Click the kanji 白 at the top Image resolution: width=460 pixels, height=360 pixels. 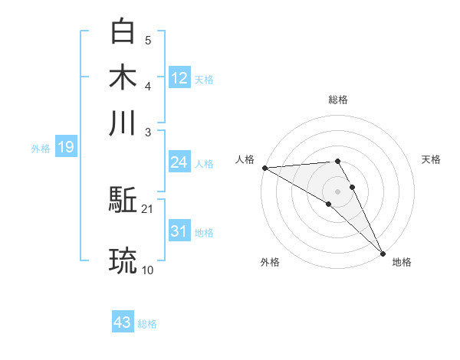click(x=123, y=31)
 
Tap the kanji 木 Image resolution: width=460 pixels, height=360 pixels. click(x=123, y=77)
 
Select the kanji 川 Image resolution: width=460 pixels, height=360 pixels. click(x=123, y=123)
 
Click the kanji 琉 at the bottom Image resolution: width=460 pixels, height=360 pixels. click(x=123, y=260)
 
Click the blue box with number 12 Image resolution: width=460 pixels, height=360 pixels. click(x=179, y=77)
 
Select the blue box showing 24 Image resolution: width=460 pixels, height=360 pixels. click(x=179, y=162)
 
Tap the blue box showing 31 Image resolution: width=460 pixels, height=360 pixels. click(x=179, y=231)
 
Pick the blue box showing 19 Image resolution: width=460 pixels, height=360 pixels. click(x=65, y=147)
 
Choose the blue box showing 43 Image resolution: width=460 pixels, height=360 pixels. click(x=122, y=322)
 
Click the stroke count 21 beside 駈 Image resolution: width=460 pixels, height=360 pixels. click(x=148, y=209)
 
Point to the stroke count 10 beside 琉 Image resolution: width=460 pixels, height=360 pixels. click(x=148, y=269)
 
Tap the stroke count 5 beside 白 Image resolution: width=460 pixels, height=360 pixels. click(x=148, y=40)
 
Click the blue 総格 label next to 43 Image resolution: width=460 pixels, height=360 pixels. click(x=147, y=324)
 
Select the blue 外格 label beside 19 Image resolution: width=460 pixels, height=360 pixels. click(x=41, y=148)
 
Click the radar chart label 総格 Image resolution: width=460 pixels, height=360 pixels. click(x=337, y=100)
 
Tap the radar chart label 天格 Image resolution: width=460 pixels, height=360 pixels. click(x=431, y=159)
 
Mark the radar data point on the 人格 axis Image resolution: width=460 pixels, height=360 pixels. click(x=264, y=168)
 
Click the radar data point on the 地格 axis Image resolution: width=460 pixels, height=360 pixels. click(x=383, y=253)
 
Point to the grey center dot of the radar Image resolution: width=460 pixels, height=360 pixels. click(x=337, y=191)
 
